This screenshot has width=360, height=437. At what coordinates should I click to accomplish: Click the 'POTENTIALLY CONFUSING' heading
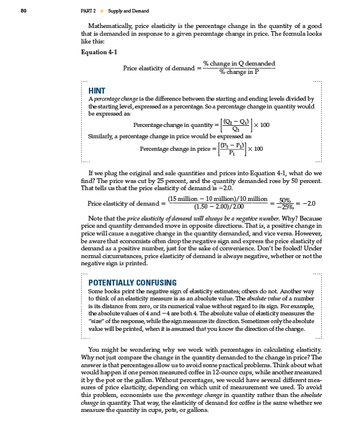tap(132, 282)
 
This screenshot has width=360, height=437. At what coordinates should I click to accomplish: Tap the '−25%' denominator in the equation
tap(285, 206)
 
